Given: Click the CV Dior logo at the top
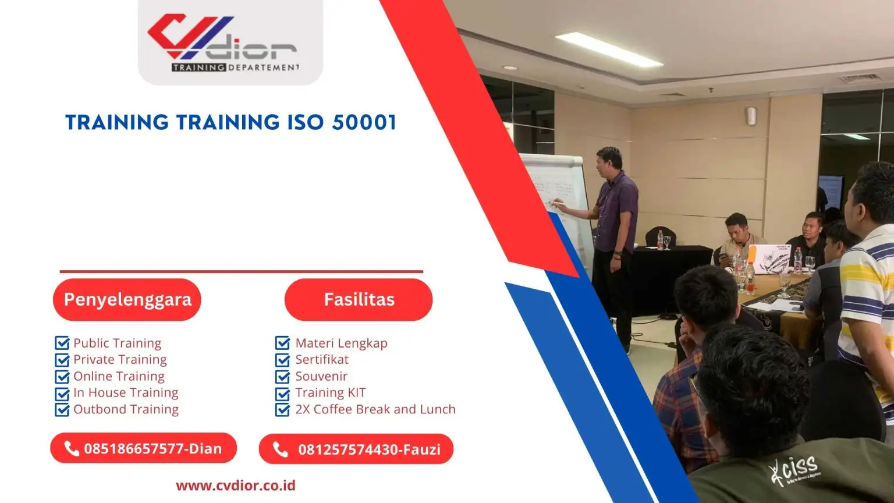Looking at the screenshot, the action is tap(223, 42).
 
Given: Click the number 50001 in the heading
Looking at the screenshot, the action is tap(364, 122).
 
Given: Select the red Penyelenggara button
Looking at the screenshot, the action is tap(127, 299).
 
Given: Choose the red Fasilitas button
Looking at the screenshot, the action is tap(359, 299).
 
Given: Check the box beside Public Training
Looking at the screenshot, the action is tap(62, 343).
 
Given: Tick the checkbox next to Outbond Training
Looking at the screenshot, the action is tap(62, 410).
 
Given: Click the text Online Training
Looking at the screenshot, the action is tap(119, 376).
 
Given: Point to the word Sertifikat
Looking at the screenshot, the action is tap(322, 359).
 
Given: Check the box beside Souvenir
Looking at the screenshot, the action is tap(282, 377).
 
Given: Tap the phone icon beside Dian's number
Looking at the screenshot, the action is tap(72, 448).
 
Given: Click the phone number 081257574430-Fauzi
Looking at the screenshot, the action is tap(369, 449).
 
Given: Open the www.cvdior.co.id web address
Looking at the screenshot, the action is tap(236, 486).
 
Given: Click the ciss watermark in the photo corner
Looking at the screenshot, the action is tap(794, 472).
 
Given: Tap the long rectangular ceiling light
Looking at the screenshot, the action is tap(609, 49).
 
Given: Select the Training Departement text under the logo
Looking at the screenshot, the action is tap(236, 68).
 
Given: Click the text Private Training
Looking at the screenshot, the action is tap(120, 359).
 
